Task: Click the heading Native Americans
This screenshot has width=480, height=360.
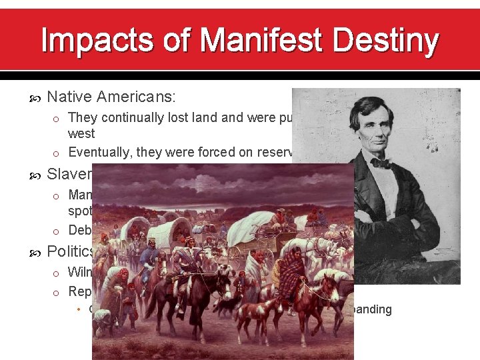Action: (111, 97)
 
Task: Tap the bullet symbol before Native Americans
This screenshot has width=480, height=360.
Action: (37, 98)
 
